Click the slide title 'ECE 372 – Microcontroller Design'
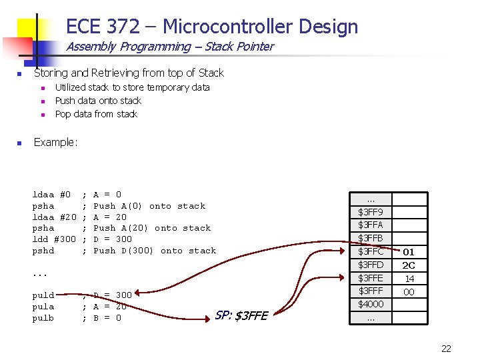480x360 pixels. [212, 27]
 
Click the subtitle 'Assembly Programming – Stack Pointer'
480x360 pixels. [169, 47]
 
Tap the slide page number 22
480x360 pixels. [446, 348]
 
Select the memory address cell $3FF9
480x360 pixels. [371, 212]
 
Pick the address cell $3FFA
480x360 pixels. [371, 225]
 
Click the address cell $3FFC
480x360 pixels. [371, 252]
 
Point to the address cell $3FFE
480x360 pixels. [371, 278]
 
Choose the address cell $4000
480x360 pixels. [371, 304]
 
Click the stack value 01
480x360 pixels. [409, 252]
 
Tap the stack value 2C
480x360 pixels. [409, 265]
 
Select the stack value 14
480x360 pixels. [409, 279]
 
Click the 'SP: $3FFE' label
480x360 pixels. [241, 315]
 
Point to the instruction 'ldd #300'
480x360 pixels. [55, 239]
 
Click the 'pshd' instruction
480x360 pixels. [44, 251]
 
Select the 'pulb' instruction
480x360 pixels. [44, 318]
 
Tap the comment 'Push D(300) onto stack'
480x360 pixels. [155, 251]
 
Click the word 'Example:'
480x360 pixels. [56, 142]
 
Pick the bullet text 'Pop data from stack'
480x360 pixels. [96, 114]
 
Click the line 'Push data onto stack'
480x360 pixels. [98, 101]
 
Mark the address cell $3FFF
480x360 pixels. [371, 291]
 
